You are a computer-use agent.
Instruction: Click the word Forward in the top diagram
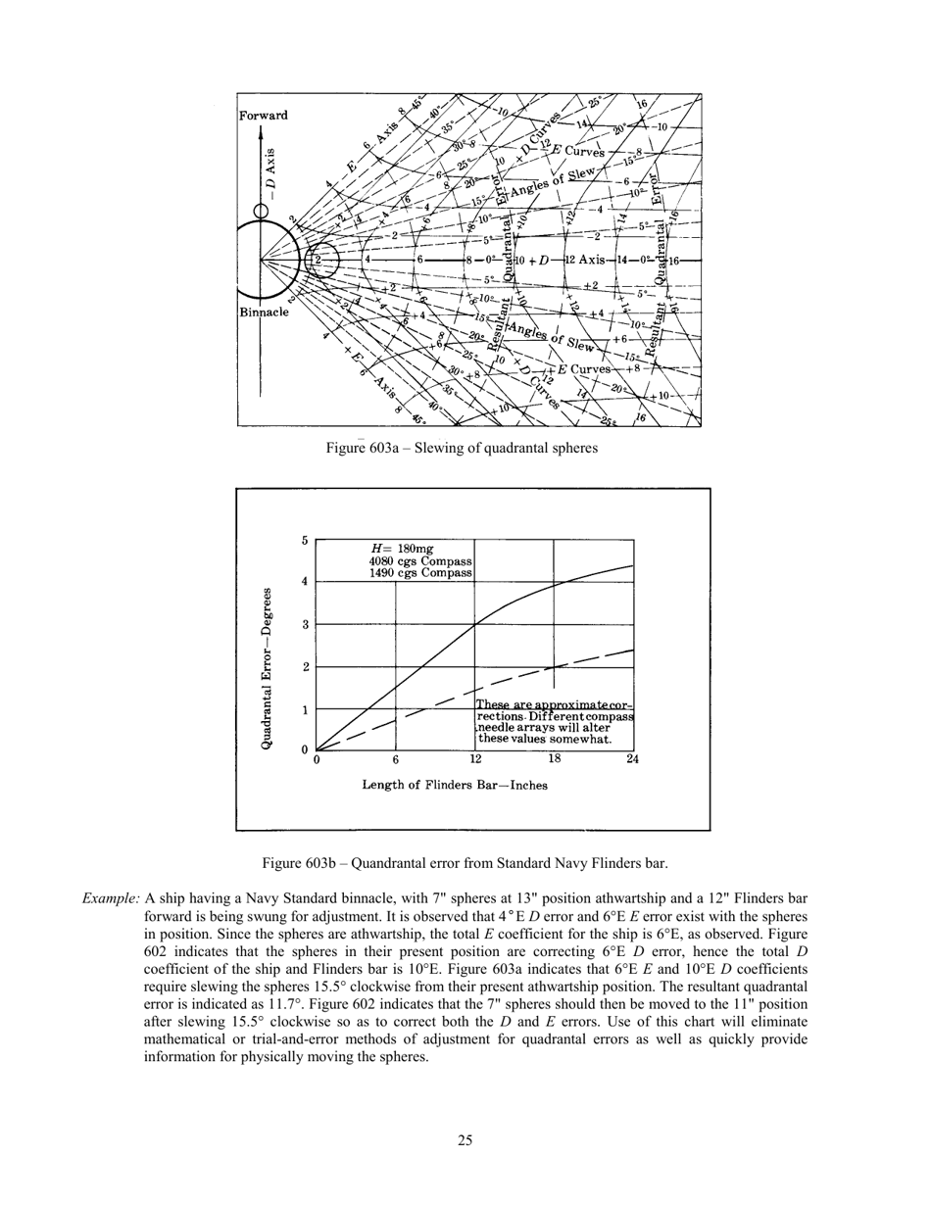(x=264, y=116)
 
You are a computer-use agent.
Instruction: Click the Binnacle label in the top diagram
(x=264, y=313)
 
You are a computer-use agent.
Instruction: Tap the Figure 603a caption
(x=462, y=448)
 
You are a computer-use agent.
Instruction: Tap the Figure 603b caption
(x=465, y=863)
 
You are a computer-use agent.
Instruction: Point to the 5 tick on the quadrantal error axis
(x=305, y=541)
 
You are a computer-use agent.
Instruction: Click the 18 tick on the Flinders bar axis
(x=555, y=759)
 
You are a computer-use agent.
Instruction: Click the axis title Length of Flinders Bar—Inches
(x=455, y=785)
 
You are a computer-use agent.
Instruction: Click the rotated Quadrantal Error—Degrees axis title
(x=267, y=669)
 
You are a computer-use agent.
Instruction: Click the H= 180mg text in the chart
(x=401, y=549)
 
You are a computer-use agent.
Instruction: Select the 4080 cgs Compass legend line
(x=420, y=560)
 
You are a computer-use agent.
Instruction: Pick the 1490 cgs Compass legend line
(x=420, y=572)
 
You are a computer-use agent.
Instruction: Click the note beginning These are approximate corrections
(x=554, y=722)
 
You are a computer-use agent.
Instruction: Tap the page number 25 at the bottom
(x=465, y=1139)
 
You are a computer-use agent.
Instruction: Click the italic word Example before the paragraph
(x=111, y=897)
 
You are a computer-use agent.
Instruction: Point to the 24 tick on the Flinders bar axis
(x=632, y=759)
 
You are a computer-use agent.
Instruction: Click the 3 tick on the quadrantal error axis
(x=305, y=624)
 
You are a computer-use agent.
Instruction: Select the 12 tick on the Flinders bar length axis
(x=475, y=759)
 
